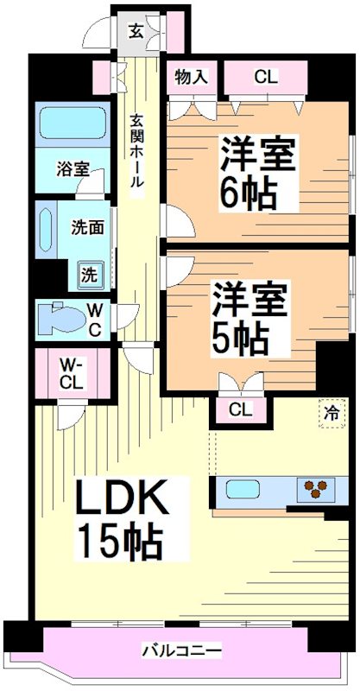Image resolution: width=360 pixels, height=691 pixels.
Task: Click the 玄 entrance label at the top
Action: click(x=136, y=31)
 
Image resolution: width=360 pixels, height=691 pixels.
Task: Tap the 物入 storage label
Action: click(x=190, y=76)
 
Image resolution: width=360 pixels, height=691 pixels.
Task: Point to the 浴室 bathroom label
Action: click(x=73, y=168)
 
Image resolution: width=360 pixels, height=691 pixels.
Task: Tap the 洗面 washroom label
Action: click(x=87, y=229)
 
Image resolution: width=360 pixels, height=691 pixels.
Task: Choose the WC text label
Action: click(x=94, y=320)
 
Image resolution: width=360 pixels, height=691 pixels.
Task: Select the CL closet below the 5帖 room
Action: click(x=240, y=409)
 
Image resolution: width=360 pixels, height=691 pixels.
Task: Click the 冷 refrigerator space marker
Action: click(x=331, y=412)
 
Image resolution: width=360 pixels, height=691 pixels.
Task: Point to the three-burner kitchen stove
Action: click(x=316, y=490)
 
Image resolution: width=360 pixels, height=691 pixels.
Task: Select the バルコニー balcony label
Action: click(x=181, y=649)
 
